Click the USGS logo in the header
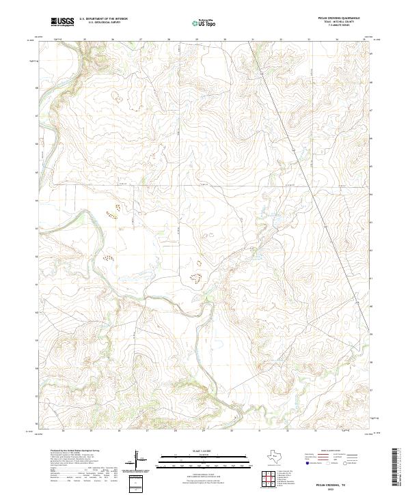point(63,23)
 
